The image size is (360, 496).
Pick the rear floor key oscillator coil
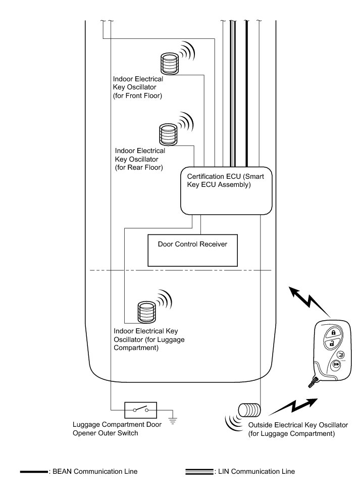click(x=167, y=135)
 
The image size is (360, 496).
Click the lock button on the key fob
click(x=333, y=333)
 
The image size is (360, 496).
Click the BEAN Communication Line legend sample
click(x=33, y=472)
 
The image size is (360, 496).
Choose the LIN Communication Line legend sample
click(x=199, y=472)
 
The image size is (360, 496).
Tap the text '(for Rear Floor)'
click(x=139, y=167)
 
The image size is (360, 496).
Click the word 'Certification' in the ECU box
click(x=205, y=177)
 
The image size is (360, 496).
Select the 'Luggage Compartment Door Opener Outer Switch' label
click(x=117, y=429)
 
